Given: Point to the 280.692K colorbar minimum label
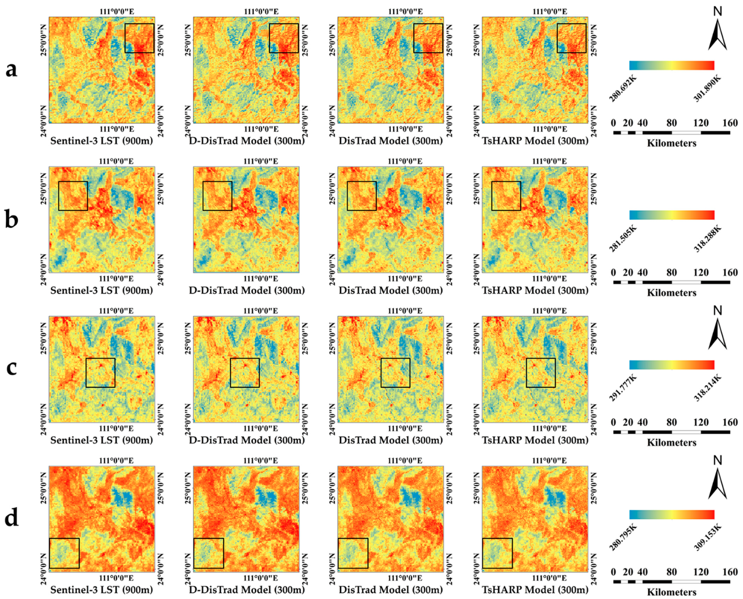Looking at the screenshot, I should click(623, 89).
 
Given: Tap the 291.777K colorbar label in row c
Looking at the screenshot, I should click(623, 389).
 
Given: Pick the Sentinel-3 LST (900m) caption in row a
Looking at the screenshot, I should click(101, 141).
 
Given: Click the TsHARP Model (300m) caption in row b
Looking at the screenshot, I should click(535, 290).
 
